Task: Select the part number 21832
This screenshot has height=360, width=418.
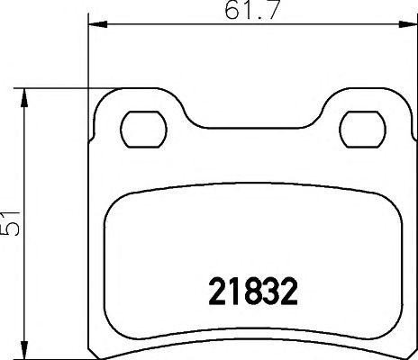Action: (246, 292)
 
